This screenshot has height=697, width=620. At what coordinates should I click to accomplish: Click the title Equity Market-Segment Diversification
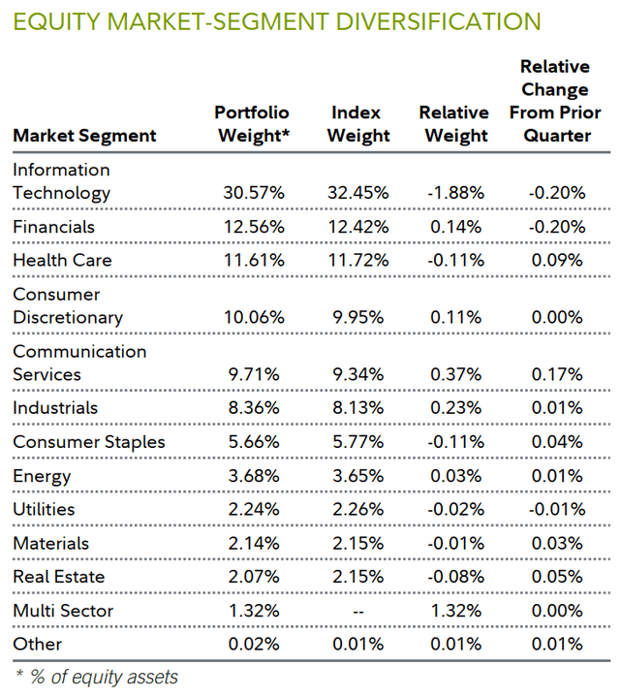pos(276,21)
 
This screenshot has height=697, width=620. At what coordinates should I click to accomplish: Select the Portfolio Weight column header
pos(252,124)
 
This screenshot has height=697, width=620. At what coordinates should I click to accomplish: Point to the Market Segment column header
pos(84,136)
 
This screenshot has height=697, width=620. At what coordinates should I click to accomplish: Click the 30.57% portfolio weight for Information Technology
pos(253,193)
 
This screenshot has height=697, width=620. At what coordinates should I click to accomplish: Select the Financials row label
pos(53,227)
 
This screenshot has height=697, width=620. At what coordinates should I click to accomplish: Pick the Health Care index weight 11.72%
pos(359,261)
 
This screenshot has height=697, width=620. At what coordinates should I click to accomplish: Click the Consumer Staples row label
pos(88,442)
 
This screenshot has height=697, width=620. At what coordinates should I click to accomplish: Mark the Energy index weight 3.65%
pos(362,476)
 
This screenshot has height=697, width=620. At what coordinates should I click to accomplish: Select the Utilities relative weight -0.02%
pos(454,510)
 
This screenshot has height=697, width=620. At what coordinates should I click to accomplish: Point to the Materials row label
pos(50,544)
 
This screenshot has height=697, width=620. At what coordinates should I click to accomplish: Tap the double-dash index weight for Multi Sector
pos(358,611)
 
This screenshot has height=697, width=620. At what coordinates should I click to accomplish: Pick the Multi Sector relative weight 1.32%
pos(456,611)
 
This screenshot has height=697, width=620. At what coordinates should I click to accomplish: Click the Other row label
pos(37,645)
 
